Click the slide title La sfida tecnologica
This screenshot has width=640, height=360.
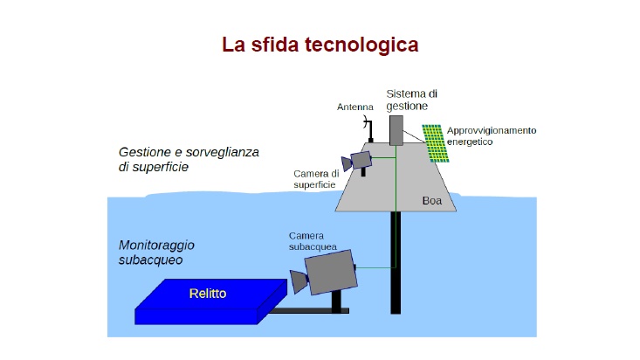tap(320, 45)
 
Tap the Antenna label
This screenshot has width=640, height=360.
tap(355, 107)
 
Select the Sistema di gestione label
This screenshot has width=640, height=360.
tap(411, 100)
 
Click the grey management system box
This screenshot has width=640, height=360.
tap(396, 130)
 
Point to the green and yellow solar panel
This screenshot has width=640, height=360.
tap(435, 143)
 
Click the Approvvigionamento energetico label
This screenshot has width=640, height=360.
tap(492, 136)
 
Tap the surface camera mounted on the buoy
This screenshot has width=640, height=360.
tap(357, 162)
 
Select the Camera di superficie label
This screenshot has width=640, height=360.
tap(316, 179)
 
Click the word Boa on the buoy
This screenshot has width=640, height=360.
tap(432, 201)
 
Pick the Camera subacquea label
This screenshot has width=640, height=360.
tap(313, 241)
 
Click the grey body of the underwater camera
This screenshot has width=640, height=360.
tap(331, 272)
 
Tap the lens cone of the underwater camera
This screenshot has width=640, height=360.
tap(299, 281)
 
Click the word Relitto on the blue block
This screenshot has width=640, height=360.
tap(208, 294)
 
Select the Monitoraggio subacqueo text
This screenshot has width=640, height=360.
tap(156, 253)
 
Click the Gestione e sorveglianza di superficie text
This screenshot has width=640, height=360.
tap(189, 159)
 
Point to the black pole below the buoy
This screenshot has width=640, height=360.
tap(396, 262)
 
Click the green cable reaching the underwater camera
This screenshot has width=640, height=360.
tap(376, 268)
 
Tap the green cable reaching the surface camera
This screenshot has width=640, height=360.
tap(383, 158)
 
